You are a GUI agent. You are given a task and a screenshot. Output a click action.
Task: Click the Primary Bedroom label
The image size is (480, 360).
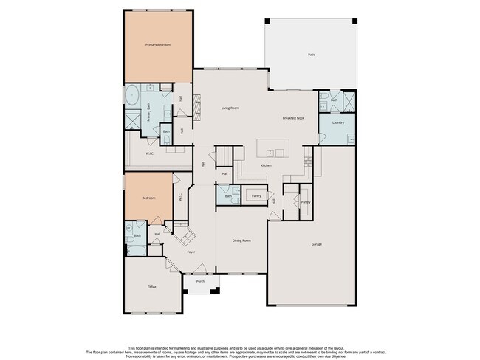158,45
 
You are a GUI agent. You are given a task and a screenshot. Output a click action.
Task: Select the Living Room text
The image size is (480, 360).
230,108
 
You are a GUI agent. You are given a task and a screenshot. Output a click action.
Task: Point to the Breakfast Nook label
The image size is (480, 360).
293,118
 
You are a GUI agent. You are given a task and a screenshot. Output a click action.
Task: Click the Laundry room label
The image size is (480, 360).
338,122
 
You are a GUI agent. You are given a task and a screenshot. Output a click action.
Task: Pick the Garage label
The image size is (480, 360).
317,243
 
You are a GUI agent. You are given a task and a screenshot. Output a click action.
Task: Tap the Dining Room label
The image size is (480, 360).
242,241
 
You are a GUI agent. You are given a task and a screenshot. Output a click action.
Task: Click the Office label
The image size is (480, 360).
151,286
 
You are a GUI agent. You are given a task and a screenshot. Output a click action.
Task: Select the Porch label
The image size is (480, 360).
200,282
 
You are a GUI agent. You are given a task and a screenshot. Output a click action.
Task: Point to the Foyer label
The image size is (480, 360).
191,252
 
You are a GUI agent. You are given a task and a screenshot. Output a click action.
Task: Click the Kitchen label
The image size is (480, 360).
266,165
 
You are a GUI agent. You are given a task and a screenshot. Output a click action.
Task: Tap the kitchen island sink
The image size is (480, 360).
271,153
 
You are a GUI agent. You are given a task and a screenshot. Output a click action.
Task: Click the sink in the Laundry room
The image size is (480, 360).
352,138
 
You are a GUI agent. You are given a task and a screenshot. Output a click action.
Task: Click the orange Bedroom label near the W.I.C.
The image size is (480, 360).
148,198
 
